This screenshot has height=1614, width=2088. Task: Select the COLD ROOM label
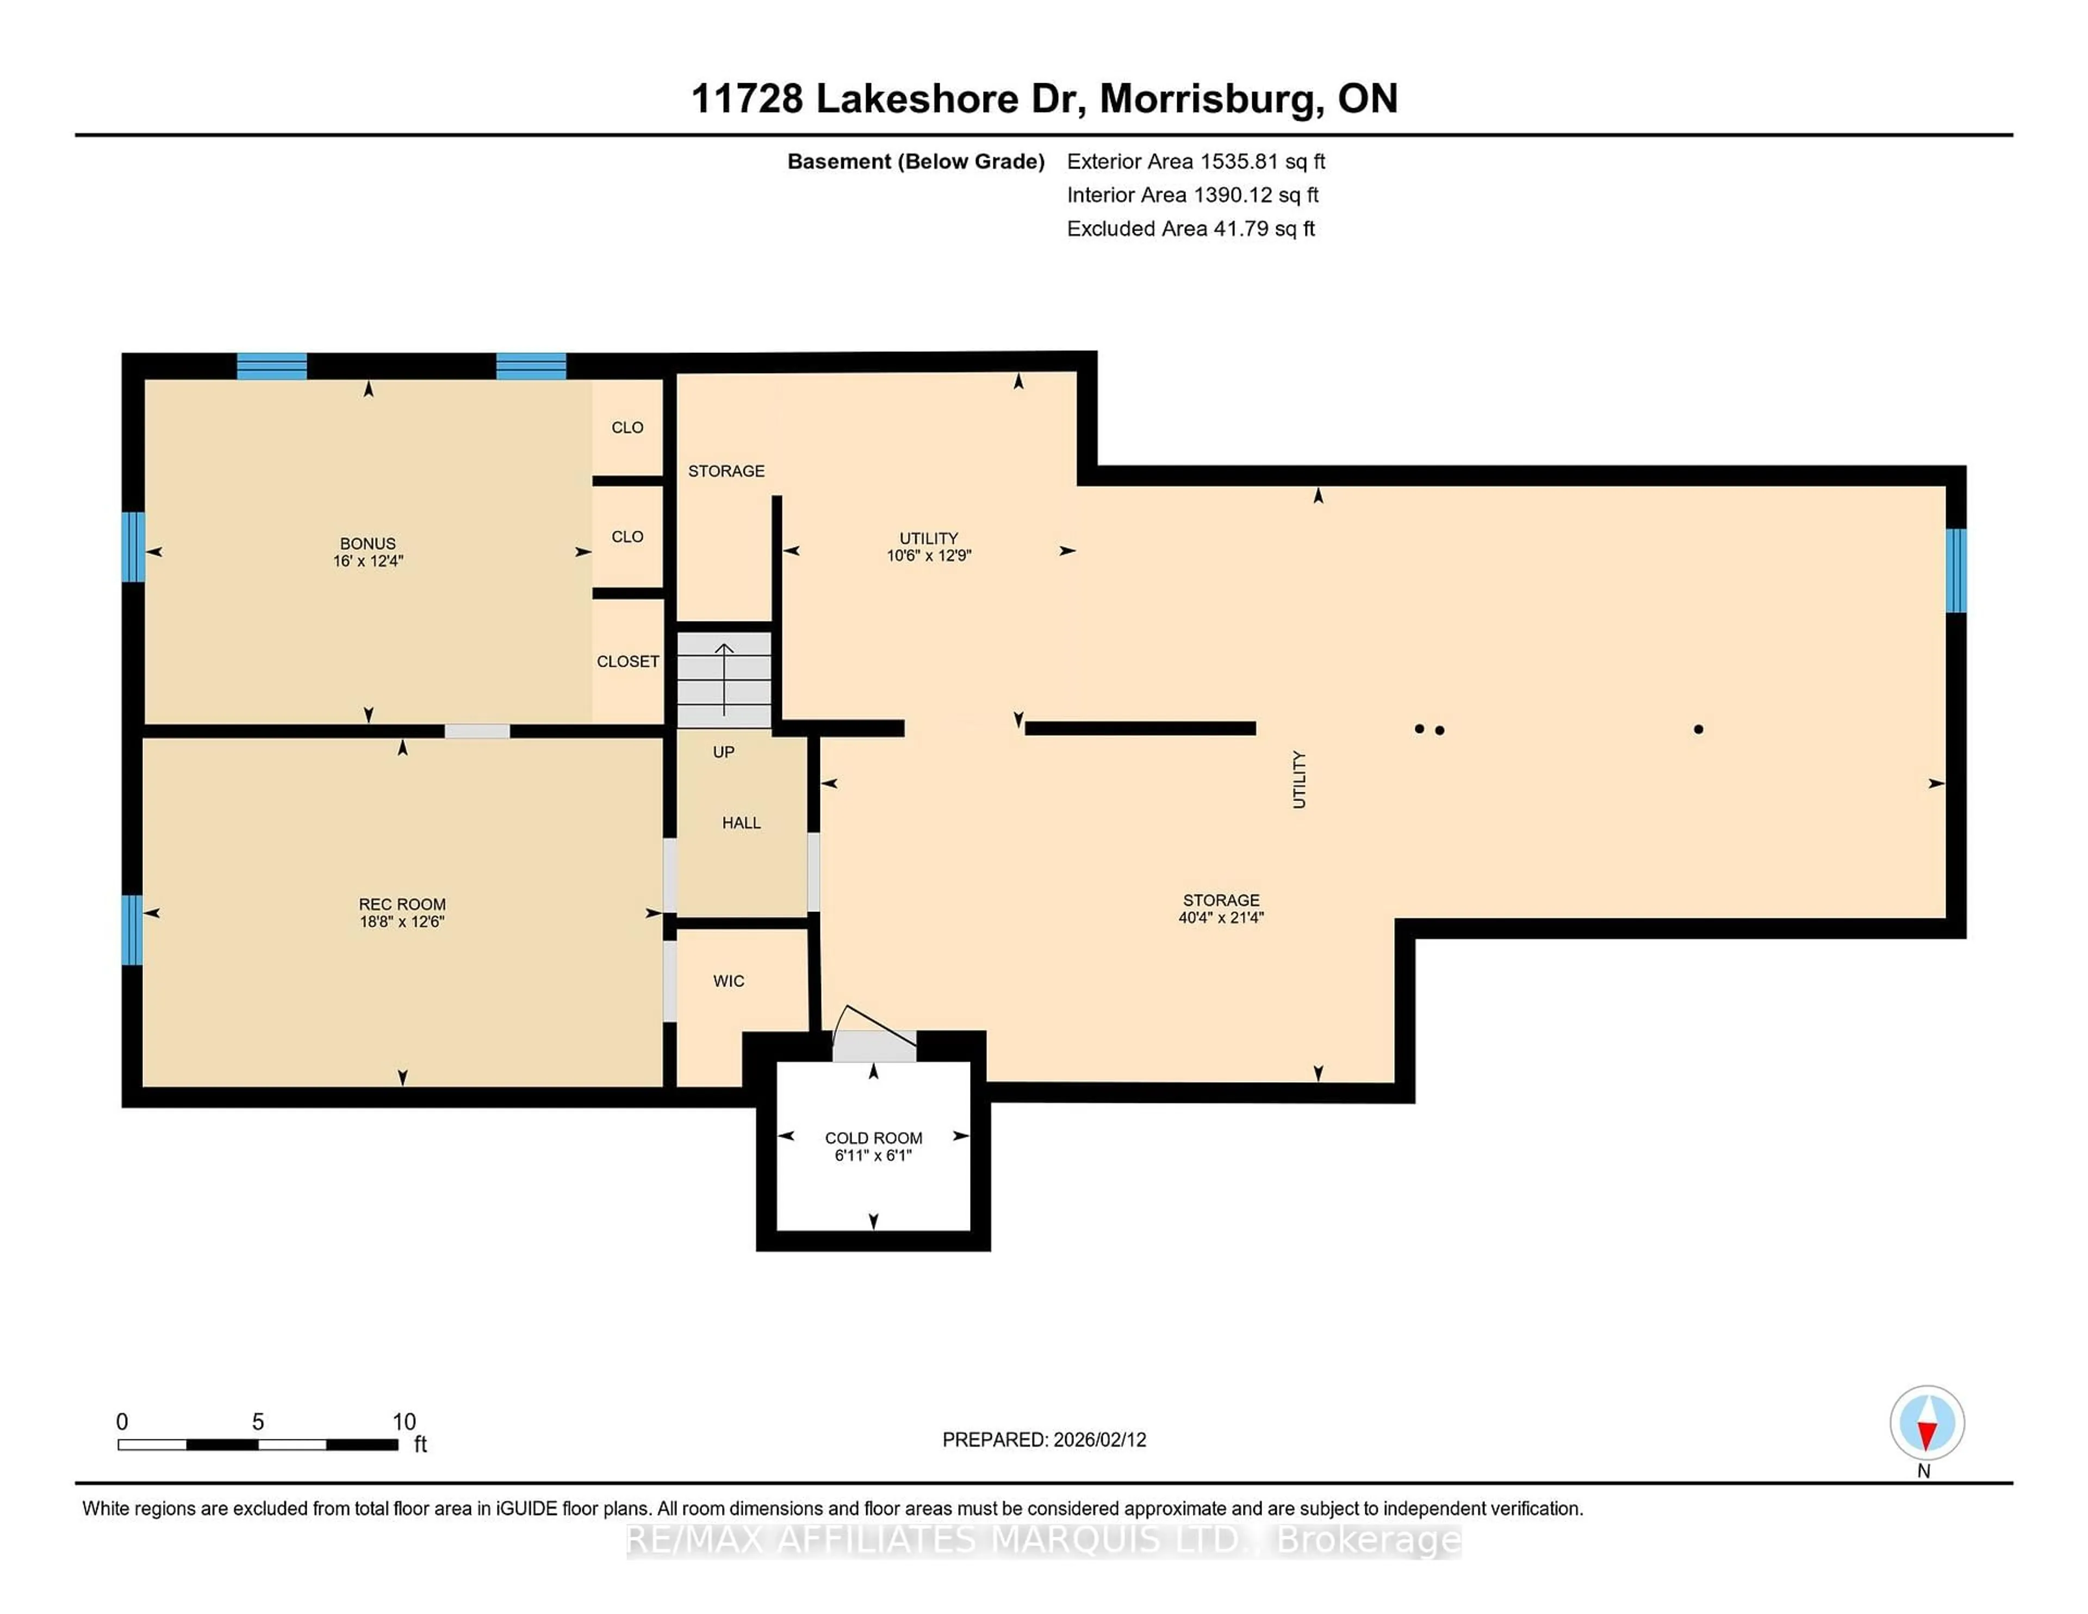873,1138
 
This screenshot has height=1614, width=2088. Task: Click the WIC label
729,981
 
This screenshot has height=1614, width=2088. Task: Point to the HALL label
741,822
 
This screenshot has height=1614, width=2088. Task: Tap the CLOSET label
627,662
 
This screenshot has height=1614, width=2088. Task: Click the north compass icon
1927,1423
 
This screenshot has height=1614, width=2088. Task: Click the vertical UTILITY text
1298,779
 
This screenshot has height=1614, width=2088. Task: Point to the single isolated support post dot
1698,730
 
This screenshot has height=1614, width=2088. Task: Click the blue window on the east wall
1956,570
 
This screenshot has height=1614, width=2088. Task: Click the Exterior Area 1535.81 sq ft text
1195,162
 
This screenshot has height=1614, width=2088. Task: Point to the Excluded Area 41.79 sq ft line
1190,228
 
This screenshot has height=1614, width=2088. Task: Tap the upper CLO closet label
627,427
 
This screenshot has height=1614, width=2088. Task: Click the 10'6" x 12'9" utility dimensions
928,556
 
